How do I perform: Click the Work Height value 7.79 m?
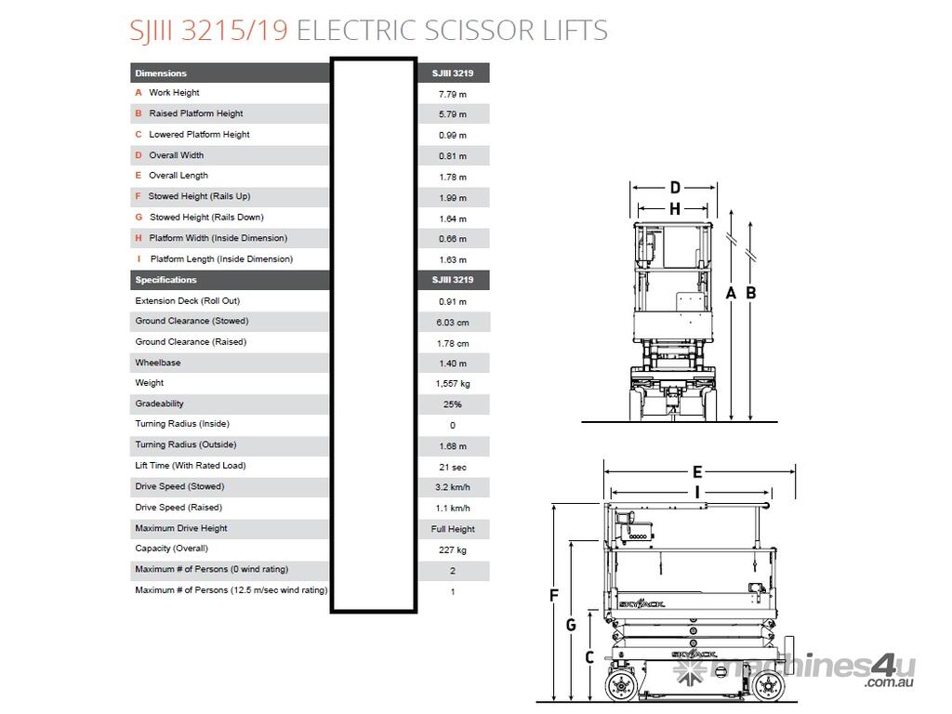click(x=453, y=94)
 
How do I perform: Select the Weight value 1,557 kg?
click(x=453, y=384)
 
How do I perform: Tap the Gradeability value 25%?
click(x=453, y=404)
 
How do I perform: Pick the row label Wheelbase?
click(x=158, y=363)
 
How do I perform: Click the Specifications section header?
click(x=165, y=280)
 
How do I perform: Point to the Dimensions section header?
click(x=161, y=73)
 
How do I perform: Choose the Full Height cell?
click(x=453, y=529)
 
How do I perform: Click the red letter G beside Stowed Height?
click(x=139, y=217)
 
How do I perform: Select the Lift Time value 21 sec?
click(x=453, y=467)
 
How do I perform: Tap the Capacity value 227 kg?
click(x=453, y=550)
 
